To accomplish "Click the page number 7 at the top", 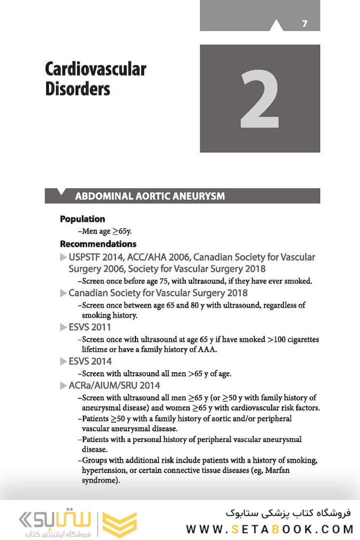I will [x=304, y=23].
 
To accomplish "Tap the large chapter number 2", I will [x=259, y=98].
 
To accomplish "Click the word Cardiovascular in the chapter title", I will [x=95, y=68].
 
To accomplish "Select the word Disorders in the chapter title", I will [x=77, y=88].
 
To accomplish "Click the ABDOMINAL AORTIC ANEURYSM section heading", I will [x=149, y=196].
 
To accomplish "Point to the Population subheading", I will [x=82, y=219].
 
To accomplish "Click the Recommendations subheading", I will [x=98, y=244].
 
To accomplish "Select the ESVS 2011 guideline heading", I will [x=89, y=327].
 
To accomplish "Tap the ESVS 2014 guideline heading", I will [x=90, y=361].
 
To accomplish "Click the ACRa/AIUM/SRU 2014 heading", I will [x=114, y=385].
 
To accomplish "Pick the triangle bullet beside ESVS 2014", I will [x=63, y=361].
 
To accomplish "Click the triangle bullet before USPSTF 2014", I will [x=63, y=257].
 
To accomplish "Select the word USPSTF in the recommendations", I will [x=85, y=257].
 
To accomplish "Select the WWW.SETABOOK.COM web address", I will [x=269, y=529].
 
